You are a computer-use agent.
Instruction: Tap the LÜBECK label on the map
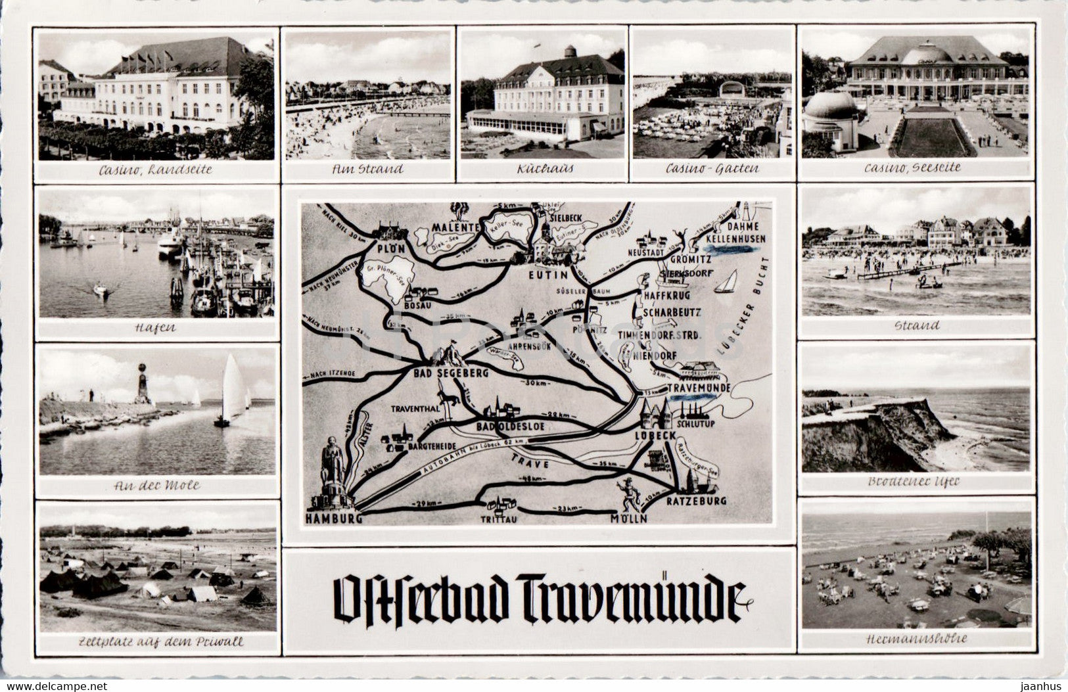point(655,436)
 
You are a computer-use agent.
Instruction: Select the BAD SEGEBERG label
point(450,373)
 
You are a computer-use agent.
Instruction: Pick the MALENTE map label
point(455,227)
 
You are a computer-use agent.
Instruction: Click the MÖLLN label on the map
point(628,519)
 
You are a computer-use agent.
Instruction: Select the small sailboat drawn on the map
point(726,282)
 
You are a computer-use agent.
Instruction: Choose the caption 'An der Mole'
point(157,486)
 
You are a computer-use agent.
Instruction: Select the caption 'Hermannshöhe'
point(917,638)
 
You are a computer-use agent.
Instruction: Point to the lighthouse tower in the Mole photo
point(141,384)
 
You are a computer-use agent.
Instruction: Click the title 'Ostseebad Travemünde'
point(540,599)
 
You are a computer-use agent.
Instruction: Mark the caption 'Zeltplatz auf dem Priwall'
point(157,642)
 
